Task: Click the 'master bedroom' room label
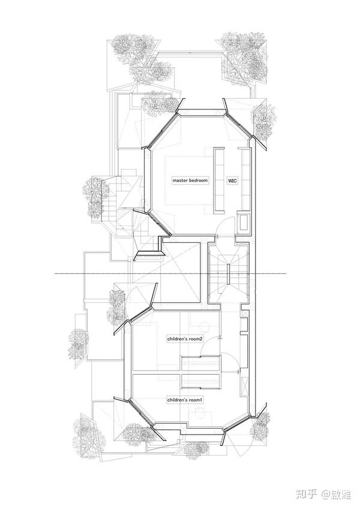click(x=190, y=180)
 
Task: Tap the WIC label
click(x=232, y=180)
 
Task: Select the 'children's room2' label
click(x=185, y=339)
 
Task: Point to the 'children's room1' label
click(x=185, y=400)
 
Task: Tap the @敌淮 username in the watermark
click(x=337, y=495)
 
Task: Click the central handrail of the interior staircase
click(x=228, y=275)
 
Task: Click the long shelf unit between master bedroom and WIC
click(x=220, y=181)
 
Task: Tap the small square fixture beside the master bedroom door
click(x=244, y=222)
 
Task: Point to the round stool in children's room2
click(x=205, y=326)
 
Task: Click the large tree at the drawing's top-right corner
click(x=245, y=59)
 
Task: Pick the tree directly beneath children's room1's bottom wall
click(x=196, y=449)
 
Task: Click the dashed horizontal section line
click(x=170, y=274)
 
